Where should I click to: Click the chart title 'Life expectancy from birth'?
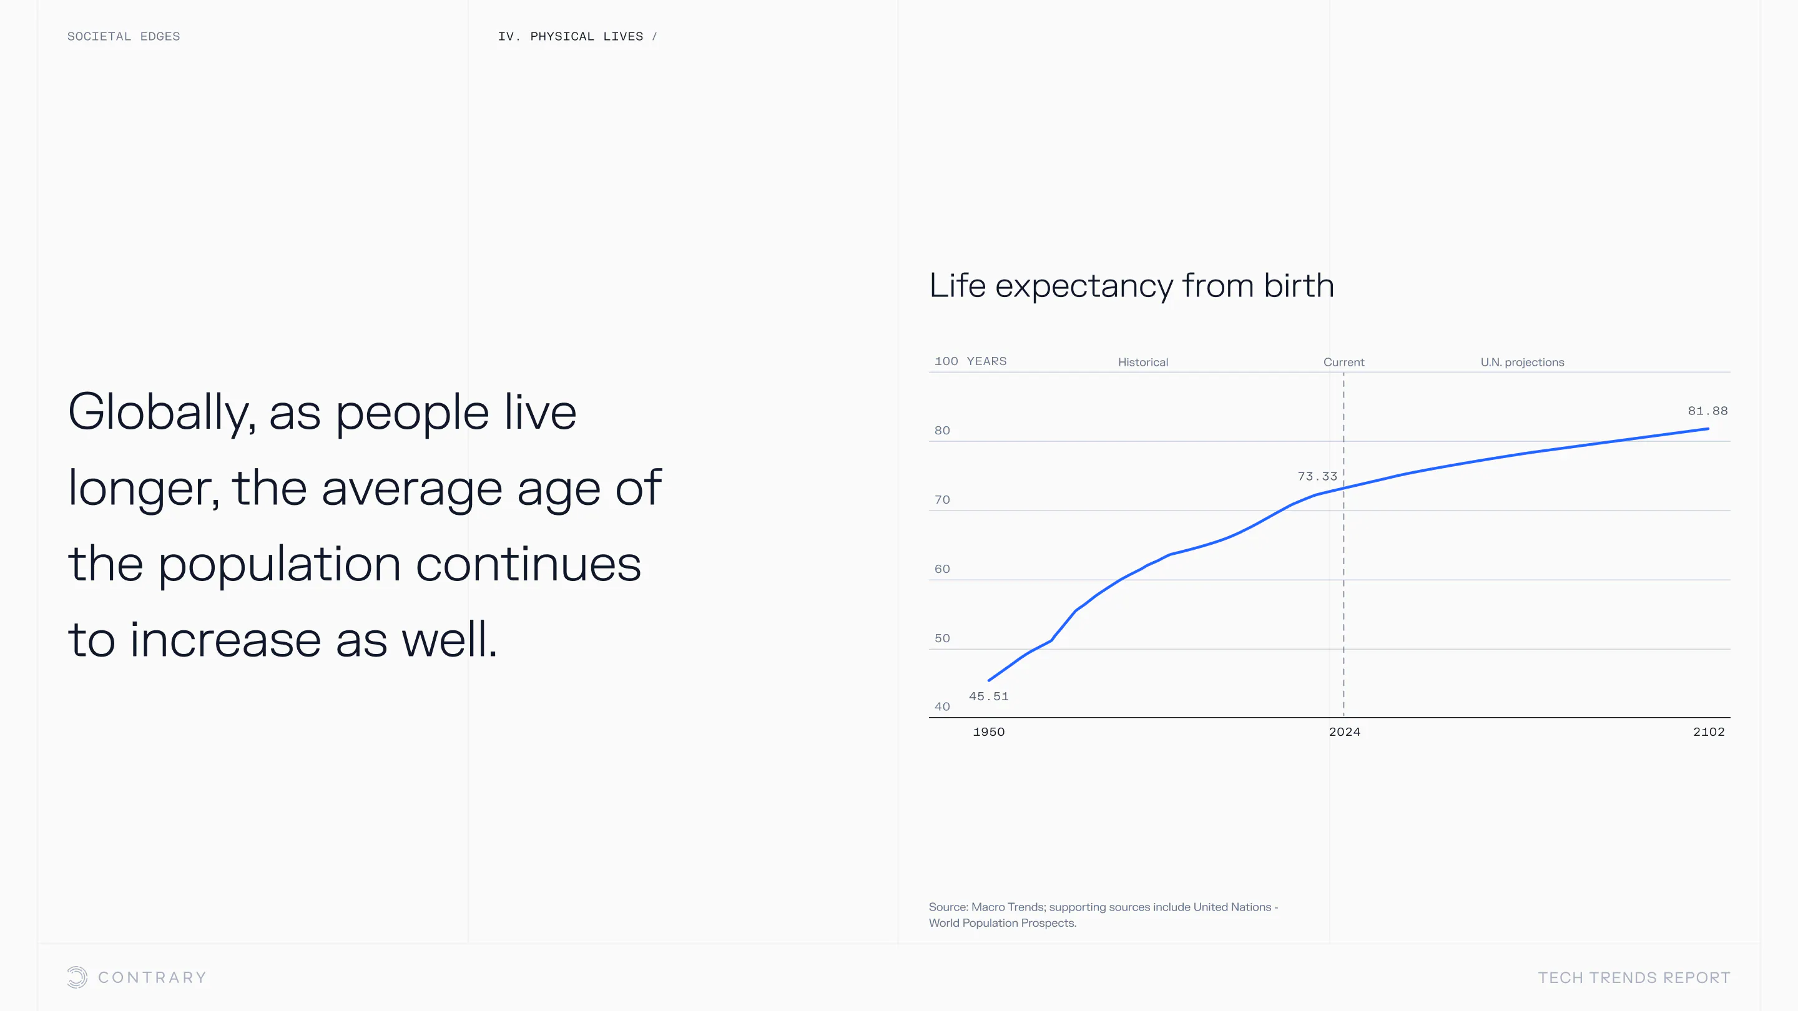coord(1131,286)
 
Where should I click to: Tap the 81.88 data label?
coord(1707,411)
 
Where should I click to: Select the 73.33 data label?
coord(1317,477)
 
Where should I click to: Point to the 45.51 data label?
coord(988,696)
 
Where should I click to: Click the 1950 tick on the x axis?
coord(988,732)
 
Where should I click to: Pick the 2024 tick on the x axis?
coord(1344,732)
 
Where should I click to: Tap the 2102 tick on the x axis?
coord(1709,732)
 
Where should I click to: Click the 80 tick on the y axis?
coord(942,431)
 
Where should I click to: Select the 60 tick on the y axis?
coord(942,569)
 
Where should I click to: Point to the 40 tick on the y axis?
coord(942,707)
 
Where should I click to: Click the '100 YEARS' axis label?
coord(970,361)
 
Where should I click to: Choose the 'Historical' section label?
coord(1142,362)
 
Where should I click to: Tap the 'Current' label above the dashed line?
coord(1344,362)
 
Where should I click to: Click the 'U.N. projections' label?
coord(1522,362)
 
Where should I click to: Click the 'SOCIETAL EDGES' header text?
coord(124,36)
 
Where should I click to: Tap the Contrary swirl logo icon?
coord(77,977)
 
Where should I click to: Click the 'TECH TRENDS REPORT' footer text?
coord(1634,977)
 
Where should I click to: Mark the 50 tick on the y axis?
coord(942,638)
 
